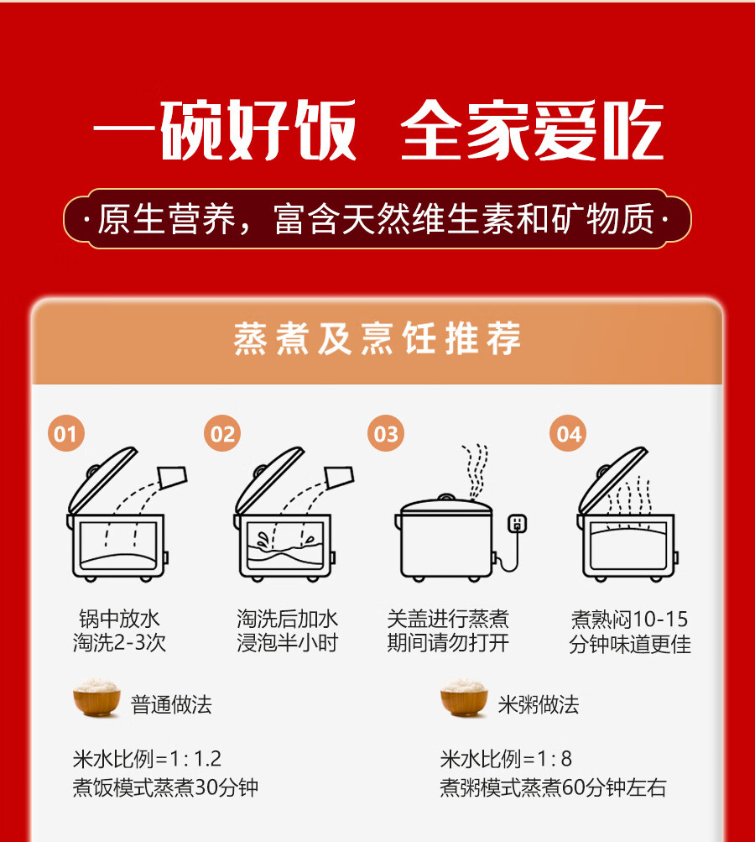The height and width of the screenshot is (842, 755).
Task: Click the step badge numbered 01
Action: (65, 434)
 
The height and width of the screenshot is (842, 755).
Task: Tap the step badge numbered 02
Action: (223, 434)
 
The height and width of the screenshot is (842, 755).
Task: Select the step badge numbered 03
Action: (386, 434)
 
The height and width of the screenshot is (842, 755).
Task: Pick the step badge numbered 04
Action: (569, 434)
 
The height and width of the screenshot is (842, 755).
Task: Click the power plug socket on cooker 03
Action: (518, 523)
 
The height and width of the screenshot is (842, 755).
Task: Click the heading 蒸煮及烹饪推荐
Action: (377, 340)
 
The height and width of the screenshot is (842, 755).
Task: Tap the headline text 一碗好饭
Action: (225, 132)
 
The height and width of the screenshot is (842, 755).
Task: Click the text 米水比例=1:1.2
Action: (147, 759)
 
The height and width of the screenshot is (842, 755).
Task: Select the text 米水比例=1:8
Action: (506, 759)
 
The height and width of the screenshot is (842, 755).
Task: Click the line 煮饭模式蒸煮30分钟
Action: (165, 788)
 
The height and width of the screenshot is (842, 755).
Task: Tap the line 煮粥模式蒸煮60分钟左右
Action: (553, 788)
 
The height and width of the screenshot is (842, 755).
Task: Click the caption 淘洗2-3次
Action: (119, 644)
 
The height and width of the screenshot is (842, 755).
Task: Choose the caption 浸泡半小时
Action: (288, 644)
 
